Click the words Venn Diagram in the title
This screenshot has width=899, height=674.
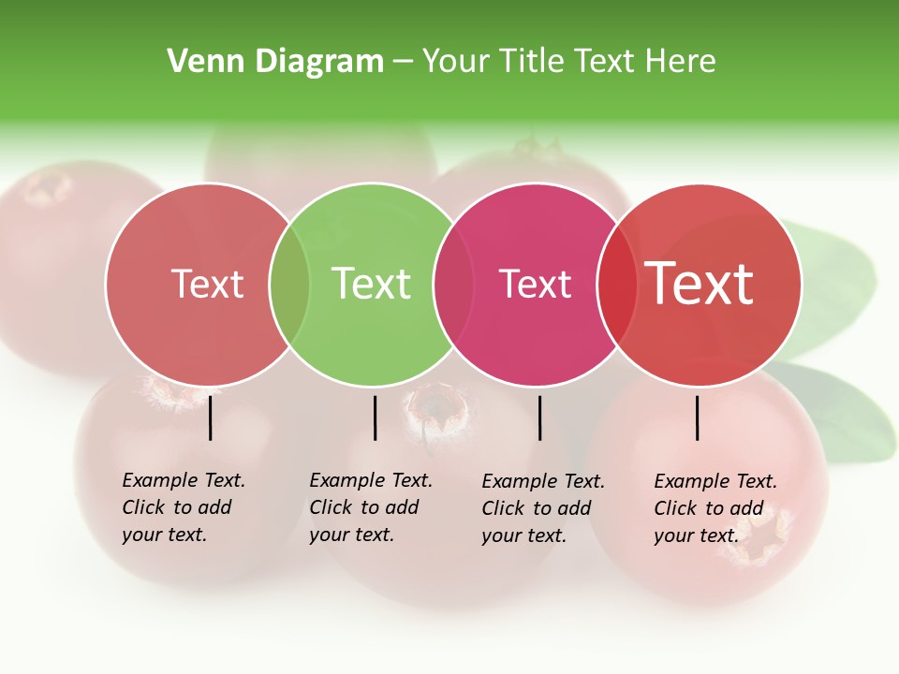click(275, 62)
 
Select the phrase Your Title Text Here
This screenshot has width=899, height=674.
click(568, 62)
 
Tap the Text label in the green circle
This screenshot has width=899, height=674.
click(372, 284)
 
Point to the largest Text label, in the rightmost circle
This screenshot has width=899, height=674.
click(700, 284)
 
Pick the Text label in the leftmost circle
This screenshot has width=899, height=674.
click(207, 284)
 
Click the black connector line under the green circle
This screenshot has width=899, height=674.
click(375, 418)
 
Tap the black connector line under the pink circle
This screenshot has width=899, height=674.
click(539, 418)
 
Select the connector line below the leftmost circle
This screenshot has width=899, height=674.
click(211, 418)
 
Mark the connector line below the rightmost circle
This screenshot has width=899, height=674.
click(698, 418)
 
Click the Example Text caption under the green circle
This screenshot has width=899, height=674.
click(371, 507)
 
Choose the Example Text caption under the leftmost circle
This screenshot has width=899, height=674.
click(184, 507)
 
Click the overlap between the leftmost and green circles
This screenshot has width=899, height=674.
click(289, 285)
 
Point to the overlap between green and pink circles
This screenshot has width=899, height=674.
click(453, 285)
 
